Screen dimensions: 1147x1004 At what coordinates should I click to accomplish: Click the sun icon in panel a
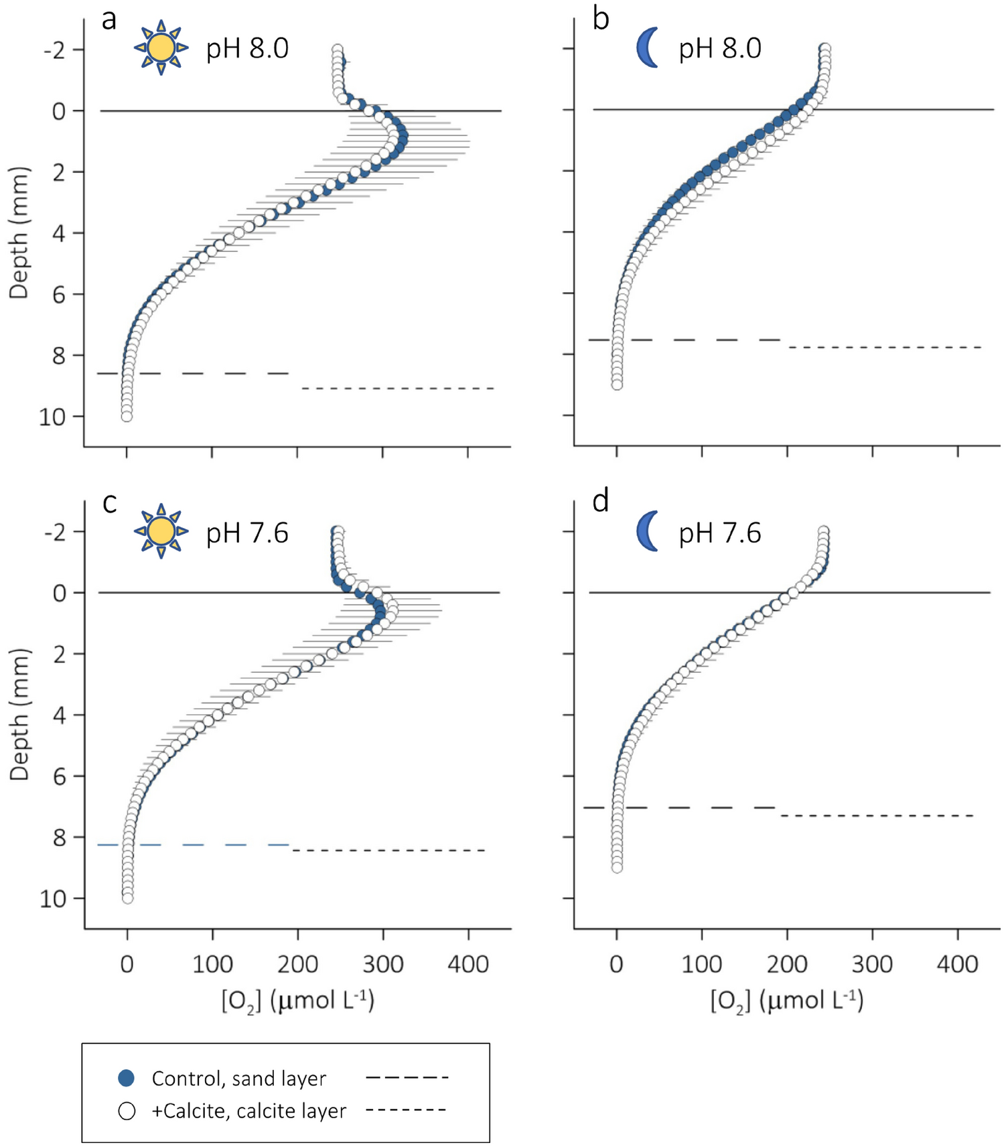click(161, 48)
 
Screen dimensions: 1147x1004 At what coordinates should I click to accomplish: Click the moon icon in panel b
click(647, 48)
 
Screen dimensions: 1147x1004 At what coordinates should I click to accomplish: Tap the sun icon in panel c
click(161, 531)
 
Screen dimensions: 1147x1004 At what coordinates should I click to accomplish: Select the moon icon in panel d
click(647, 531)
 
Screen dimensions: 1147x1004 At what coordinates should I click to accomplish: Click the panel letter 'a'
click(109, 19)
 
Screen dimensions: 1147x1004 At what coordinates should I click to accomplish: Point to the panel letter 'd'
click(600, 501)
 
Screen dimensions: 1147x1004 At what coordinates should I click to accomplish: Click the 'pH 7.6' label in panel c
click(247, 533)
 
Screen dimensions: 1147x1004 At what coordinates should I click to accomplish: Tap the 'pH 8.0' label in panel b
click(720, 49)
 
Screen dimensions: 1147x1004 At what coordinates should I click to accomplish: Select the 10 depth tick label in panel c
click(52, 898)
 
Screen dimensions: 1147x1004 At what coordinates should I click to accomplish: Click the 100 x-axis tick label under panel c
click(212, 964)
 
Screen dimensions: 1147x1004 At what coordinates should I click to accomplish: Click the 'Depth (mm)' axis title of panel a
click(19, 233)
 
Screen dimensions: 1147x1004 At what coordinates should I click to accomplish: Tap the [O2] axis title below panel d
click(787, 1000)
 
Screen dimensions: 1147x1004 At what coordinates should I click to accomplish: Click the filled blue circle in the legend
click(127, 1078)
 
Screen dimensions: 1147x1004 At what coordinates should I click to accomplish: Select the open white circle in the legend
click(127, 1111)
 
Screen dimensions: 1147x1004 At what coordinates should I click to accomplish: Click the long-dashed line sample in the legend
click(407, 1078)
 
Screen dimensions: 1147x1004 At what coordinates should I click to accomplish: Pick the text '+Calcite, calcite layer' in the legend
click(248, 1111)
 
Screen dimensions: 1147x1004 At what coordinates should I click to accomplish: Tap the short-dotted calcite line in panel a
click(398, 388)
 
